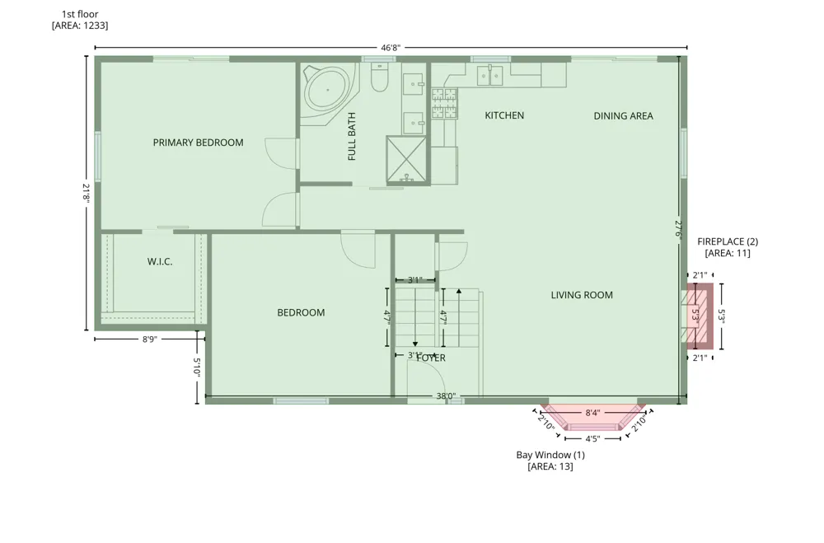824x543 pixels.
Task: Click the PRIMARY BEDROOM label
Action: pos(198,143)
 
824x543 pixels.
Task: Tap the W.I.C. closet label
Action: pos(160,261)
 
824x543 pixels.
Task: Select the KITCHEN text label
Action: pos(504,115)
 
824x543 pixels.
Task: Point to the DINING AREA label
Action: pos(623,115)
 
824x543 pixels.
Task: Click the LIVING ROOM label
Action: pos(582,295)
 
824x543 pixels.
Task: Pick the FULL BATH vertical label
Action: pos(352,136)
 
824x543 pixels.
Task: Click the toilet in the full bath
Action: pos(379,77)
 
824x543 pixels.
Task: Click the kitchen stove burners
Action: pos(444,103)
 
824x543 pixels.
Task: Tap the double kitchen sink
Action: pos(489,75)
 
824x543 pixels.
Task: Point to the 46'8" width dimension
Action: pos(391,48)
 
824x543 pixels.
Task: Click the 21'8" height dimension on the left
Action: pos(87,193)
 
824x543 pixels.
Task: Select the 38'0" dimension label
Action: pos(446,396)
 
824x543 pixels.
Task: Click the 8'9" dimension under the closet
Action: pos(150,339)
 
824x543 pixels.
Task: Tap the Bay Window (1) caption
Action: pos(550,455)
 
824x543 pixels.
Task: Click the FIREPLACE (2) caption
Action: pos(728,241)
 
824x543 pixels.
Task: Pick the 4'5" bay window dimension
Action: pos(592,438)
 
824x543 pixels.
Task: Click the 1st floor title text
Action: pos(80,14)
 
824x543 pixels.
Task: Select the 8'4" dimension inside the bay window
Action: pos(592,413)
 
